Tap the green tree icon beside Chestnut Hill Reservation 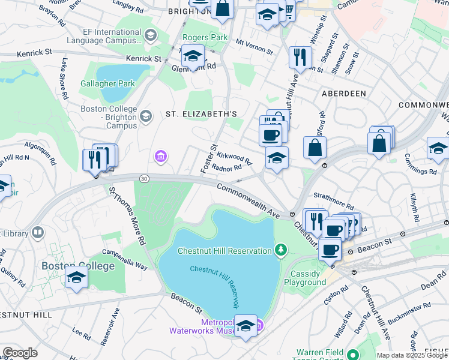(x=280, y=249)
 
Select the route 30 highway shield (x=144, y=178)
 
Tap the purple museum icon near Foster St (x=160, y=157)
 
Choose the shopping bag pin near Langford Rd (x=315, y=148)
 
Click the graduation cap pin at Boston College (x=76, y=277)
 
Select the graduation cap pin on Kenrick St (x=193, y=56)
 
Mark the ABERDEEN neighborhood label (x=344, y=94)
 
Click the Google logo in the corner (x=20, y=353)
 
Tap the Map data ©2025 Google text (x=412, y=355)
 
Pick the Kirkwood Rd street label (x=234, y=158)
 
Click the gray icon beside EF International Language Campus (x=149, y=35)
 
